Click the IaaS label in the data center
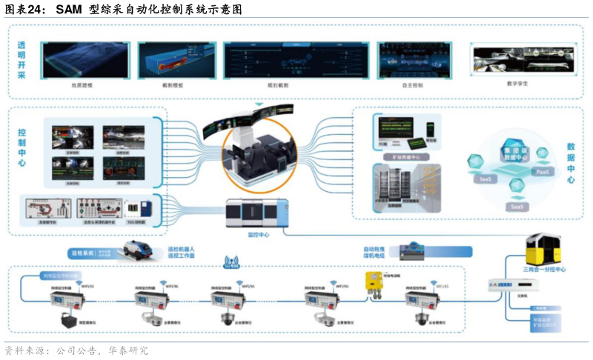pyautogui.click(x=486, y=179)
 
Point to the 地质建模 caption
pyautogui.click(x=82, y=86)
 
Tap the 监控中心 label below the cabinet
pyautogui.click(x=257, y=235)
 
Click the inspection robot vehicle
pyautogui.click(x=140, y=252)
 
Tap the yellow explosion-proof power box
pyautogui.click(x=371, y=284)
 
